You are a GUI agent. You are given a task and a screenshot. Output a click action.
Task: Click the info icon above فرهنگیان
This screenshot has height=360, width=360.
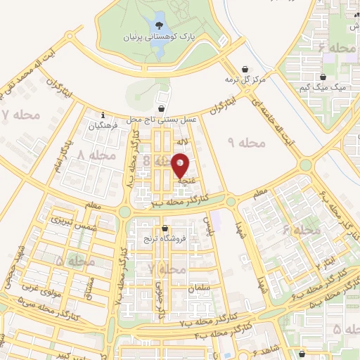[103, 115]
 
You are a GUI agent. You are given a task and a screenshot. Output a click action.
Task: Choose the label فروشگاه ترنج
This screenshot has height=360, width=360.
[166, 239]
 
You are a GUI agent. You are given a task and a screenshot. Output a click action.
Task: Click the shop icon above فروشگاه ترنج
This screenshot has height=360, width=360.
[165, 228]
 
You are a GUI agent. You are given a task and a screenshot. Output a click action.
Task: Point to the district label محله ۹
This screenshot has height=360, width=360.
[248, 142]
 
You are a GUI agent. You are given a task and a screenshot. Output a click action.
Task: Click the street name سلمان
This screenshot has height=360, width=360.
[198, 288]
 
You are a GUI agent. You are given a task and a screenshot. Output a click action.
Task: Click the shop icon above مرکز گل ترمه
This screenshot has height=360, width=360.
[244, 69]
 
